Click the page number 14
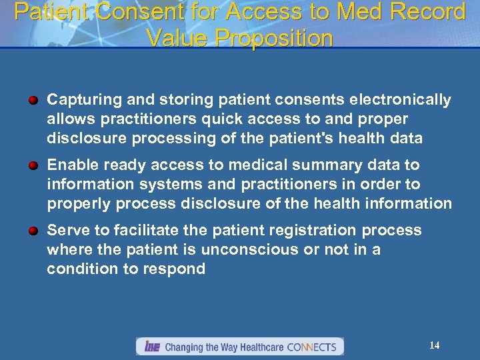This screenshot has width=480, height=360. (434, 345)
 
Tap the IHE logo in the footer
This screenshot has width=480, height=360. (151, 347)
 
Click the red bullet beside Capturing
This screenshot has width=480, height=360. (33, 100)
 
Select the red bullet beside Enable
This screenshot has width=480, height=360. (33, 165)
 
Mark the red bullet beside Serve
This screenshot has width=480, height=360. (33, 231)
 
